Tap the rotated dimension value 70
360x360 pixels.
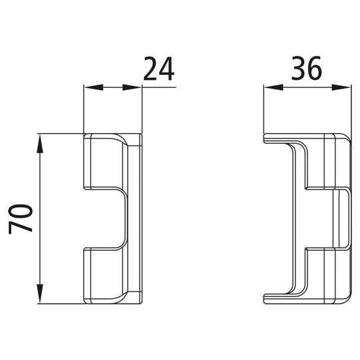click(x=22, y=218)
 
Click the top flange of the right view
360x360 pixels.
click(x=279, y=138)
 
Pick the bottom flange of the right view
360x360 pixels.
click(x=279, y=297)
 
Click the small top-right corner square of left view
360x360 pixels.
click(x=136, y=139)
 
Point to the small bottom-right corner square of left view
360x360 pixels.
click(x=136, y=297)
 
